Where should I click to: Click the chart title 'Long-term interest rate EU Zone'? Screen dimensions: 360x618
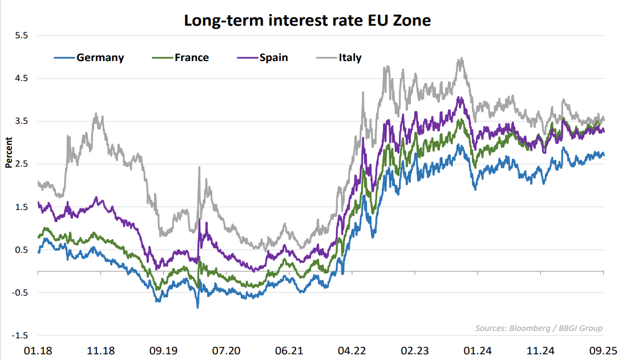click(307, 21)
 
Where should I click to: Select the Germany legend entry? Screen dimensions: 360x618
click(100, 58)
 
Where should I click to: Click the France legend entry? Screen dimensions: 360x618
click(191, 58)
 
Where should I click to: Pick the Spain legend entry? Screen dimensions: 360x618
click(273, 58)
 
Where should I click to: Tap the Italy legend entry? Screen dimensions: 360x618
click(349, 58)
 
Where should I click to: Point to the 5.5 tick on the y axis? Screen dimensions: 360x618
click(21, 35)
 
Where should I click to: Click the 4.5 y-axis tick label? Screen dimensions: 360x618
click(21, 78)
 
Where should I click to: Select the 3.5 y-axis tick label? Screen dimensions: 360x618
click(21, 121)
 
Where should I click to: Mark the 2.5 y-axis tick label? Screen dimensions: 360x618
click(21, 164)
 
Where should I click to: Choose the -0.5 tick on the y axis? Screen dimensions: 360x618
click(19, 293)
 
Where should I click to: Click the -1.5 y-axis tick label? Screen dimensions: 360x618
click(19, 335)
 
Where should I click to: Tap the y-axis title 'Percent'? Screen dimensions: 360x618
click(9, 153)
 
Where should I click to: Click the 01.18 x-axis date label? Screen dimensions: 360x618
click(38, 350)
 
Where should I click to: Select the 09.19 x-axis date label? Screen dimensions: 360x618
click(163, 350)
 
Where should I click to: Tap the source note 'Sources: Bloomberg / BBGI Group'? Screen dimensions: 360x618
click(539, 328)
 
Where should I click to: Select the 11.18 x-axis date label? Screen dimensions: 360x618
click(100, 350)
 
